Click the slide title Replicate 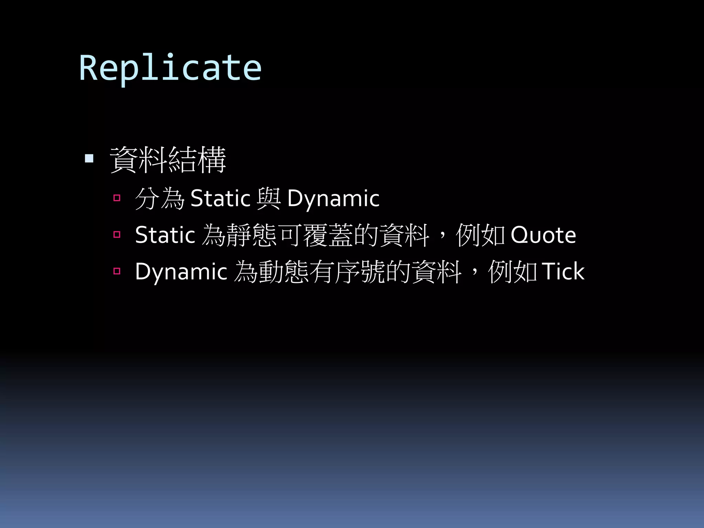coord(170,68)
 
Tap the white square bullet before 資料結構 coord(89,158)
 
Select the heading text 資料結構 coord(168,159)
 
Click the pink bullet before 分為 coord(117,198)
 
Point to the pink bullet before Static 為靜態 coord(117,234)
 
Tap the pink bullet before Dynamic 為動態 coord(117,271)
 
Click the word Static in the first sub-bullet coord(220,198)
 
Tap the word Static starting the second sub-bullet coord(165,235)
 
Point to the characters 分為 coord(160,198)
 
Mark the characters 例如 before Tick coord(513,272)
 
